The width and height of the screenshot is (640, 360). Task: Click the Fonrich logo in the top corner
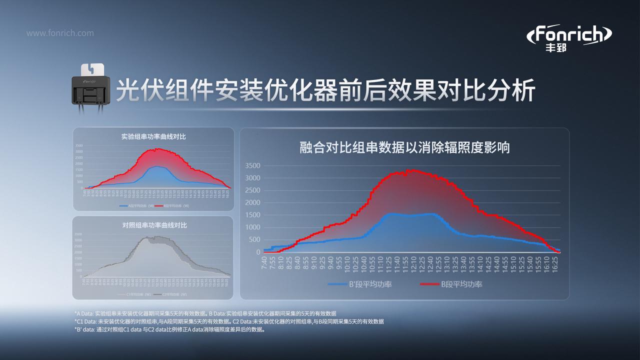[x=570, y=38]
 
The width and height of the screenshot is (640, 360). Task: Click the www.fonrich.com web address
[x=60, y=33]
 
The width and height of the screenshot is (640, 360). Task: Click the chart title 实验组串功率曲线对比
[x=153, y=136]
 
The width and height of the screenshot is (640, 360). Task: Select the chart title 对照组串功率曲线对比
[x=153, y=225]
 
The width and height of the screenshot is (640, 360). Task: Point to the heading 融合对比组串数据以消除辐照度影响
[x=404, y=147]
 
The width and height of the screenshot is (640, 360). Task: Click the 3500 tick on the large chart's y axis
[x=252, y=165]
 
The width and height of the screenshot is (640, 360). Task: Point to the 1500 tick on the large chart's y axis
[x=252, y=215]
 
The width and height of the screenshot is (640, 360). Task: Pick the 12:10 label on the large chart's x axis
[x=413, y=266]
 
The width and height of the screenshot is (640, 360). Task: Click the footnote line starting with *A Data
[x=205, y=313]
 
